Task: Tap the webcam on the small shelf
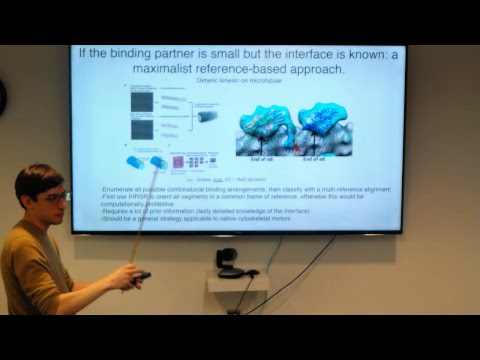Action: tap(228, 262)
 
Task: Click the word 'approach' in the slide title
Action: tap(315, 71)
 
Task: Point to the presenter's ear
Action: tap(33, 199)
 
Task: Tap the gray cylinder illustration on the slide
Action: tap(207, 116)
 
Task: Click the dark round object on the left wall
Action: tap(2, 97)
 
